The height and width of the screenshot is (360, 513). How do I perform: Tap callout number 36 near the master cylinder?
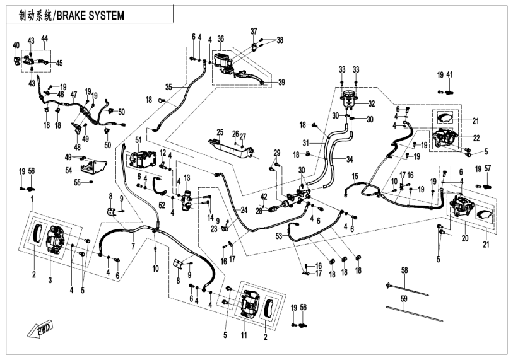[x=221, y=39]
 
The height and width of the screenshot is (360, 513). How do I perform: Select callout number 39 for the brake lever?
[x=281, y=82]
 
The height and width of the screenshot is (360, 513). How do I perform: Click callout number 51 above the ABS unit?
[x=138, y=139]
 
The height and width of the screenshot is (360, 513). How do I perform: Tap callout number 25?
[x=220, y=132]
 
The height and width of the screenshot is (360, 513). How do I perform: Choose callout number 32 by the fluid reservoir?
[x=372, y=103]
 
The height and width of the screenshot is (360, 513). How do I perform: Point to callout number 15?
[x=355, y=175]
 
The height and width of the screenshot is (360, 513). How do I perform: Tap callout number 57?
[x=487, y=169]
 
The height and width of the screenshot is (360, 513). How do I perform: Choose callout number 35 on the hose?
[x=168, y=86]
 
